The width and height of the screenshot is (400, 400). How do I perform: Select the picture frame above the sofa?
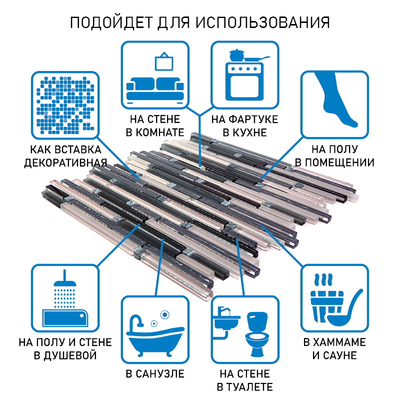pyautogui.click(x=163, y=61)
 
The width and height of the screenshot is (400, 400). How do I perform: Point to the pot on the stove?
pyautogui.click(x=234, y=54)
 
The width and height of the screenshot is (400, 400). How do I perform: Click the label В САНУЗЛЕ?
pyautogui.click(x=154, y=374)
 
